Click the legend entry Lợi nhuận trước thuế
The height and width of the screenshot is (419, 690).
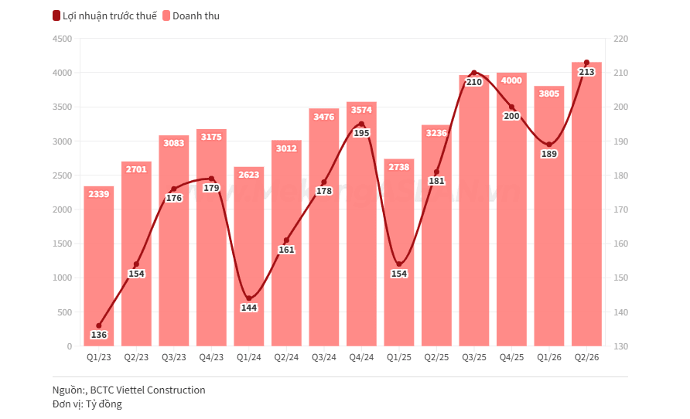point(104,15)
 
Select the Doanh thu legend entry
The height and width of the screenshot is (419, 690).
point(191,15)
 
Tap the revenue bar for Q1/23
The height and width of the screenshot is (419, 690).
point(98,266)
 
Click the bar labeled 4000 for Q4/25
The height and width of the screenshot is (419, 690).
point(511,209)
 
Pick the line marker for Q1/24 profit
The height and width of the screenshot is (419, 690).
point(249,298)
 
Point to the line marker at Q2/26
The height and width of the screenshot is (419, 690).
point(586,63)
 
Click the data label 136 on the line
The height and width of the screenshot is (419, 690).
point(98,335)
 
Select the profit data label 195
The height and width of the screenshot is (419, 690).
point(362,133)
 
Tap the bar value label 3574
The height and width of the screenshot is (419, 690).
point(361,110)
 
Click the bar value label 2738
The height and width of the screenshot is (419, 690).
point(399,167)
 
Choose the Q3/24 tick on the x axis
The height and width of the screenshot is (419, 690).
point(324,357)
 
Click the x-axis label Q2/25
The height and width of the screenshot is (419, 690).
point(436,357)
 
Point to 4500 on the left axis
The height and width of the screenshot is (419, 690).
point(62,39)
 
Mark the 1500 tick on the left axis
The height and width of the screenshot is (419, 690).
point(62,244)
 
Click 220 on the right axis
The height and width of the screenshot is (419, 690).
point(621,39)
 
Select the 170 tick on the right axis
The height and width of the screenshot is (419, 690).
point(621,209)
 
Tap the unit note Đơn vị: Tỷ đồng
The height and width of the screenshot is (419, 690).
point(87,404)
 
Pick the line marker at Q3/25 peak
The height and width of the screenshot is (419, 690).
point(474,73)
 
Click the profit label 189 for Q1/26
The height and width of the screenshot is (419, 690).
point(549,154)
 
